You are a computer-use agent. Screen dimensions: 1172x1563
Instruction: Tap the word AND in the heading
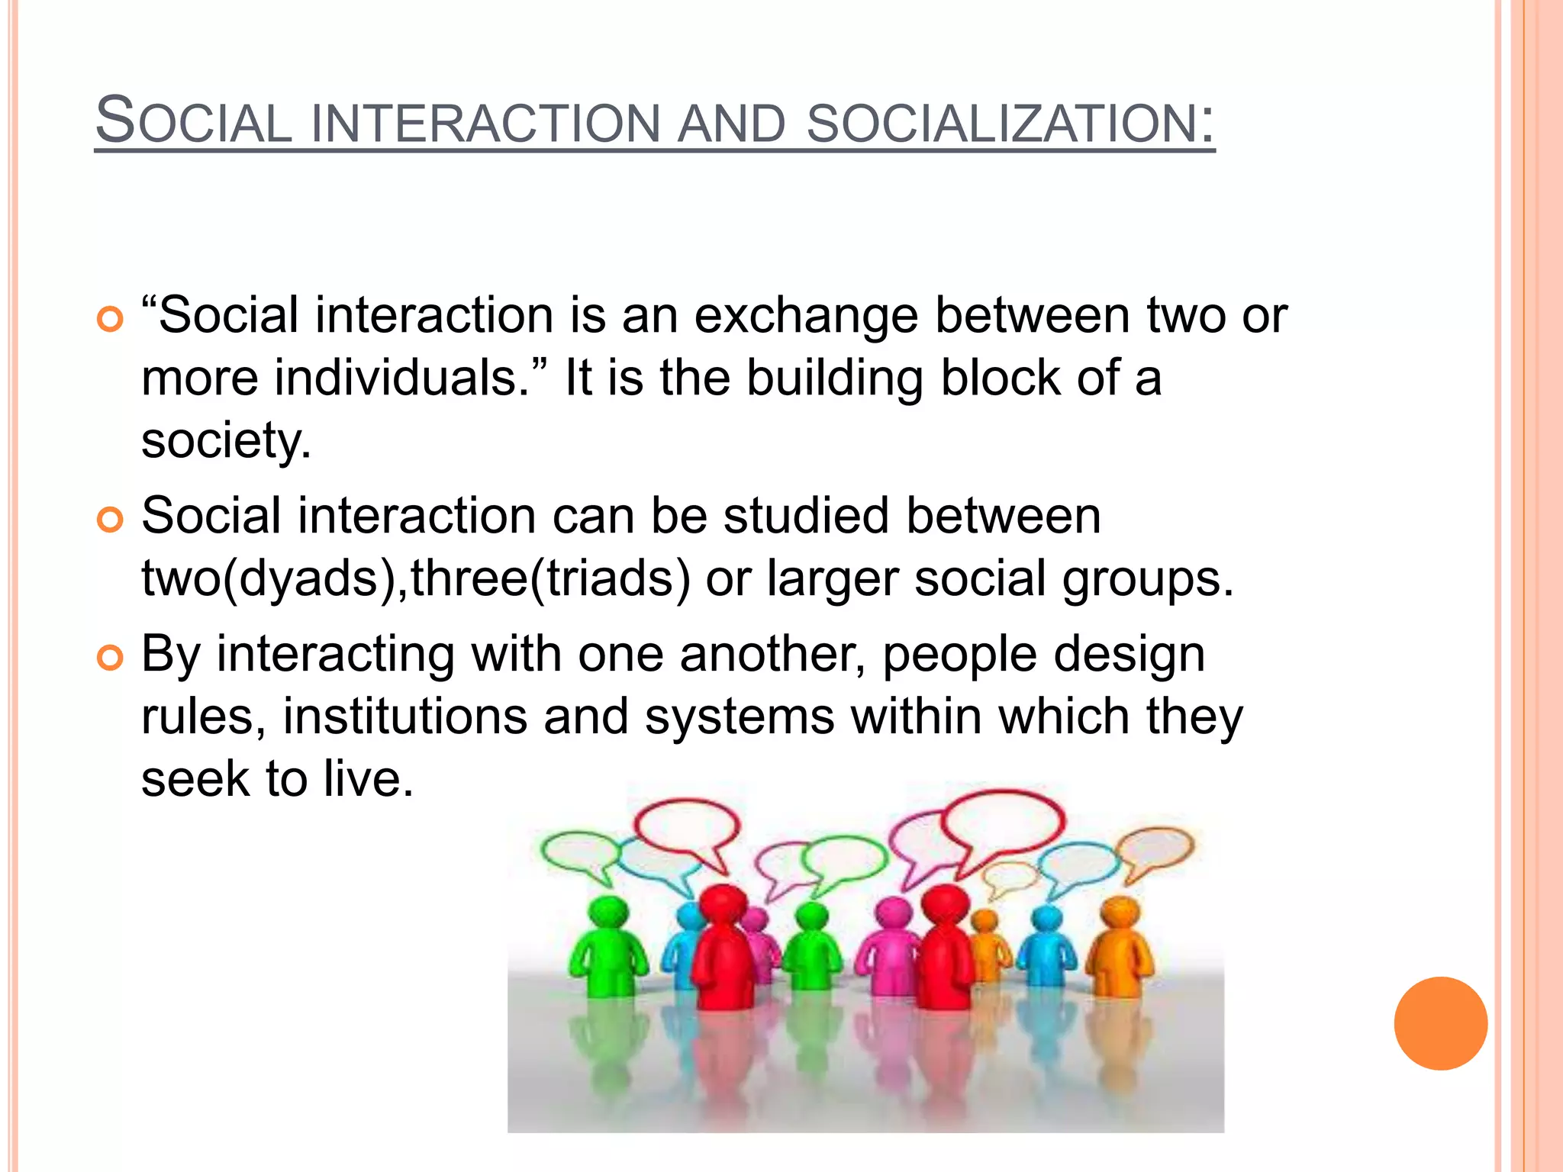(x=731, y=124)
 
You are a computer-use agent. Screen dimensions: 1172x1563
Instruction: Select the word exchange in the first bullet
(x=806, y=316)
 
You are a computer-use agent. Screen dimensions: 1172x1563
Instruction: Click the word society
(x=226, y=441)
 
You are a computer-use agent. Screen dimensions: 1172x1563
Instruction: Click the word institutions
(x=404, y=717)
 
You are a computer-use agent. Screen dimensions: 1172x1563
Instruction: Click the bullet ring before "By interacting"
(x=111, y=657)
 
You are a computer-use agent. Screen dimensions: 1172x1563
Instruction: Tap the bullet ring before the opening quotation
(x=111, y=318)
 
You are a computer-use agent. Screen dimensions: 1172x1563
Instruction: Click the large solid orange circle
(x=1440, y=1023)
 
